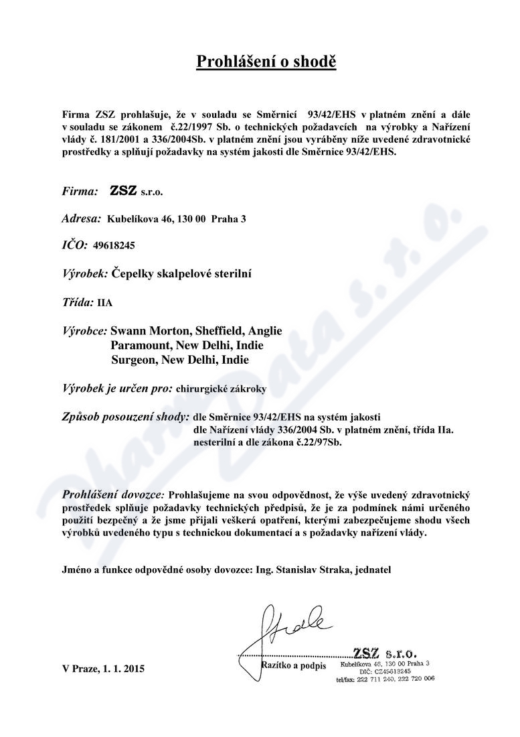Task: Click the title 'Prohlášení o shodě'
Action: (266, 62)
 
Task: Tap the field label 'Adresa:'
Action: (82, 218)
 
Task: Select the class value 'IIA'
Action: (105, 302)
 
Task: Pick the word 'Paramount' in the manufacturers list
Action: (140, 346)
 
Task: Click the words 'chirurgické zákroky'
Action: (217, 388)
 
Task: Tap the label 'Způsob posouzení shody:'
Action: (125, 417)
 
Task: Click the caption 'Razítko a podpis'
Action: (294, 665)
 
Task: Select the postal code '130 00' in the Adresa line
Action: (193, 219)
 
